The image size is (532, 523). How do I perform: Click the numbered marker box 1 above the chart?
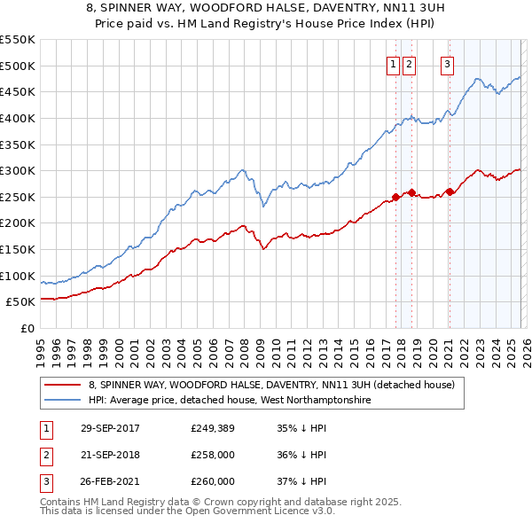[x=392, y=64]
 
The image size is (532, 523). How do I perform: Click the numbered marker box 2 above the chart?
[x=409, y=64]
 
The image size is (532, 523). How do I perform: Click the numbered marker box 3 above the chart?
[x=447, y=64]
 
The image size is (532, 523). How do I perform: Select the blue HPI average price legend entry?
[x=229, y=400]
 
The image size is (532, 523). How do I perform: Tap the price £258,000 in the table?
[x=213, y=455]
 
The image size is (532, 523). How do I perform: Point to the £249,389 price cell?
[x=213, y=428]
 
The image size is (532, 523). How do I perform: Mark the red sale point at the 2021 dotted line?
[x=450, y=191]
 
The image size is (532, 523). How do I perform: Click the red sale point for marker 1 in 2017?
[x=396, y=197]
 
